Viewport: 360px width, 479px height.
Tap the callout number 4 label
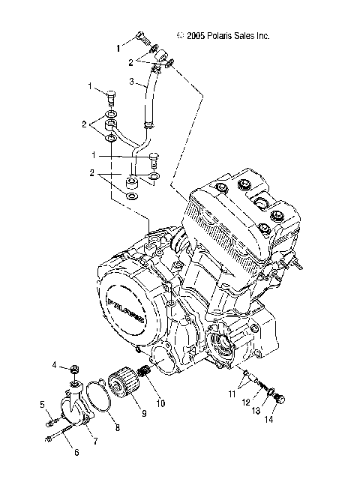pos(55,365)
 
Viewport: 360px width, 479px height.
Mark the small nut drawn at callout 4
pos(75,368)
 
